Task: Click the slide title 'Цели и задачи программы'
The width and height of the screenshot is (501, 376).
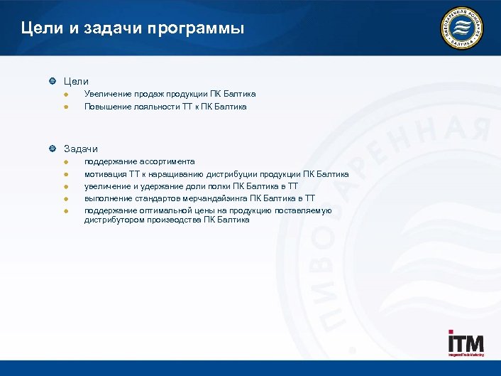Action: [x=133, y=29]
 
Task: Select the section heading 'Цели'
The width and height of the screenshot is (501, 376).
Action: [x=76, y=82]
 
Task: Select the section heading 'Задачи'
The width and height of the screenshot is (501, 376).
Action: [x=81, y=149]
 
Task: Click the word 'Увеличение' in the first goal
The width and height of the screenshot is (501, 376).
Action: [x=107, y=94]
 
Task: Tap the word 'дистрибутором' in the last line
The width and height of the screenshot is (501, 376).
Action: [x=114, y=220]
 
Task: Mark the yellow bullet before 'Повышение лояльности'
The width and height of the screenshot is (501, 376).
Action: [x=65, y=107]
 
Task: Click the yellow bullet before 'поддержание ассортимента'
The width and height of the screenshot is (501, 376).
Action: [x=65, y=162]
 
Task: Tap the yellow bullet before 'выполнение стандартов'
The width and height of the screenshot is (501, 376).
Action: [x=65, y=199]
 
